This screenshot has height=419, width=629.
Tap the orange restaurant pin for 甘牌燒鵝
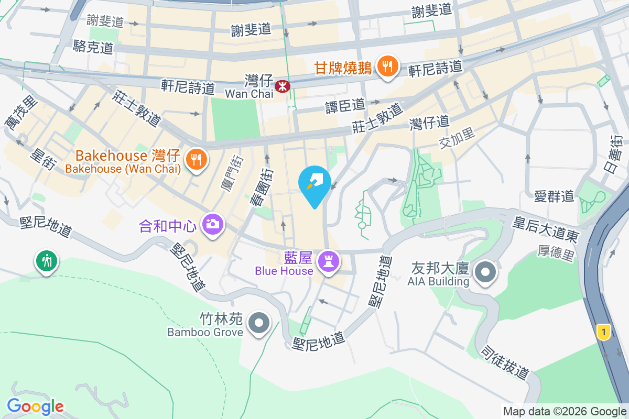point(387,67)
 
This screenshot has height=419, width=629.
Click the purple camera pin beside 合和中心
point(212,225)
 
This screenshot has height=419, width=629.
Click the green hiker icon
point(47,260)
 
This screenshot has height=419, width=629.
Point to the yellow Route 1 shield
point(604,332)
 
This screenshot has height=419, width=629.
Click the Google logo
point(35,406)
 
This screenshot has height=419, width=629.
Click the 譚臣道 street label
point(345,105)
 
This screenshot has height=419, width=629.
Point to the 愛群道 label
point(554,197)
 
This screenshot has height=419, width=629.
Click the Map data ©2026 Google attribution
point(565,412)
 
